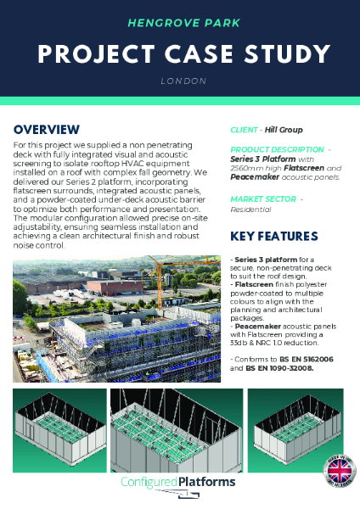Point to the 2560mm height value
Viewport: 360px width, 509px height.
click(248, 168)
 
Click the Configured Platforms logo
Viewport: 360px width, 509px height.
click(179, 484)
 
